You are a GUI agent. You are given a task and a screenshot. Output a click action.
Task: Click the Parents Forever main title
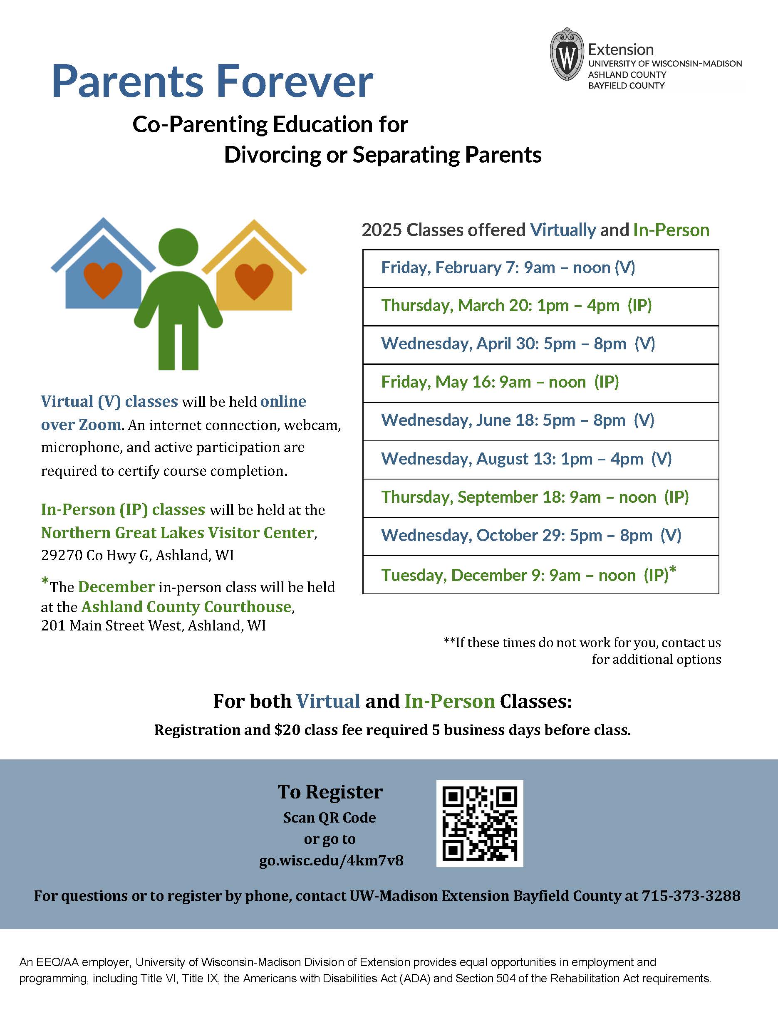212,82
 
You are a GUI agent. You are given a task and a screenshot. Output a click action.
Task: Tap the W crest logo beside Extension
566,54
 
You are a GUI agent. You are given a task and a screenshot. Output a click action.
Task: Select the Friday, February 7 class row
540,268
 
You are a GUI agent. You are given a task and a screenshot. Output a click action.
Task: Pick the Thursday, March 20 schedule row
540,306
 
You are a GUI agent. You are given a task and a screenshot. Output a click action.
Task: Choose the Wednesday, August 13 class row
540,459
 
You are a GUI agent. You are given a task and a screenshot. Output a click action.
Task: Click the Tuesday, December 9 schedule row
540,575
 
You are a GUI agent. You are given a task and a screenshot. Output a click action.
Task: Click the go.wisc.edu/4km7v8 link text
331,860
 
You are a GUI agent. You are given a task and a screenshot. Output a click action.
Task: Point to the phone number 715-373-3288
691,896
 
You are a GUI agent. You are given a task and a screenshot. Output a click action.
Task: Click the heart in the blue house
103,279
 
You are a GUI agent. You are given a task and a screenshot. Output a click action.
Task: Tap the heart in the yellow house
254,281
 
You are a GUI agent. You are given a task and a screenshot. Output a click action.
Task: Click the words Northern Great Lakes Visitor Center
177,533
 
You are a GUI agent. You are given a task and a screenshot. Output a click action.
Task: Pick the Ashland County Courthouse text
186,607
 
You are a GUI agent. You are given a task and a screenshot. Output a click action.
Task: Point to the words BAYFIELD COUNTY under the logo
626,86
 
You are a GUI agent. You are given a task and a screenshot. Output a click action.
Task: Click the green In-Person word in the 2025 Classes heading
671,230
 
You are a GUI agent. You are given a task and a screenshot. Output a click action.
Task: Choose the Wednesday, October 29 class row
540,536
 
